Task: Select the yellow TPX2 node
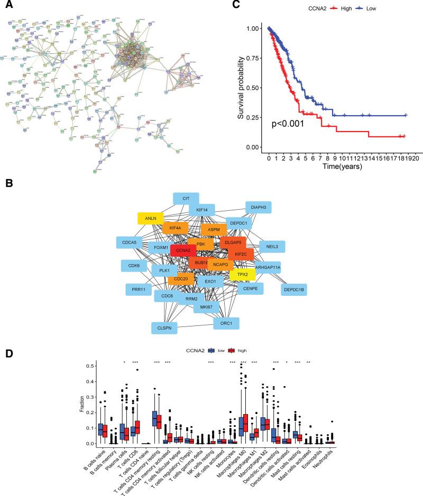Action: pyautogui.click(x=243, y=275)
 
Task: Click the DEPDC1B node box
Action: pyautogui.click(x=294, y=289)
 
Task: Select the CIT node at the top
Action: pyautogui.click(x=186, y=199)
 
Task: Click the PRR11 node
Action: pyautogui.click(x=139, y=289)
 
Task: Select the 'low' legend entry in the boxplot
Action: pyautogui.click(x=213, y=350)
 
